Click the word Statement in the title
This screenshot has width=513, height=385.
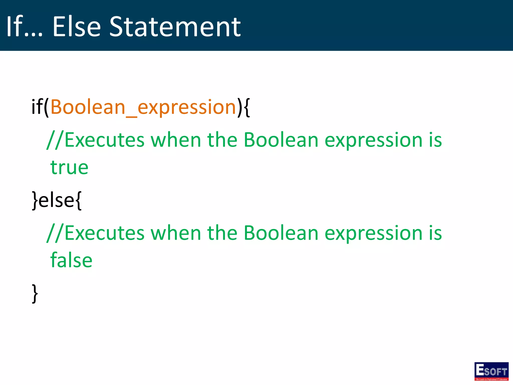[175, 27]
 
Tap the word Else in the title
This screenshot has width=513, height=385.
[76, 27]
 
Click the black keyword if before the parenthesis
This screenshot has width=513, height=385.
[37, 107]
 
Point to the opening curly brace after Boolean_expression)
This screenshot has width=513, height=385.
[246, 107]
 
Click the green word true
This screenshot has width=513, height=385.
[69, 167]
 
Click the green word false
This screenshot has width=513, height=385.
[71, 260]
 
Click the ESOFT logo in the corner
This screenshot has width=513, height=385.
[491, 371]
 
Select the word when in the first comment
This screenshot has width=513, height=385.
[176, 140]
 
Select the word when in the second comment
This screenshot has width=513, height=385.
[176, 233]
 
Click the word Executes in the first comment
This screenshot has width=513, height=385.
[104, 140]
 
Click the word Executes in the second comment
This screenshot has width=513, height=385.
[104, 233]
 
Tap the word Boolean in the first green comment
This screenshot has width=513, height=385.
[281, 140]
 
